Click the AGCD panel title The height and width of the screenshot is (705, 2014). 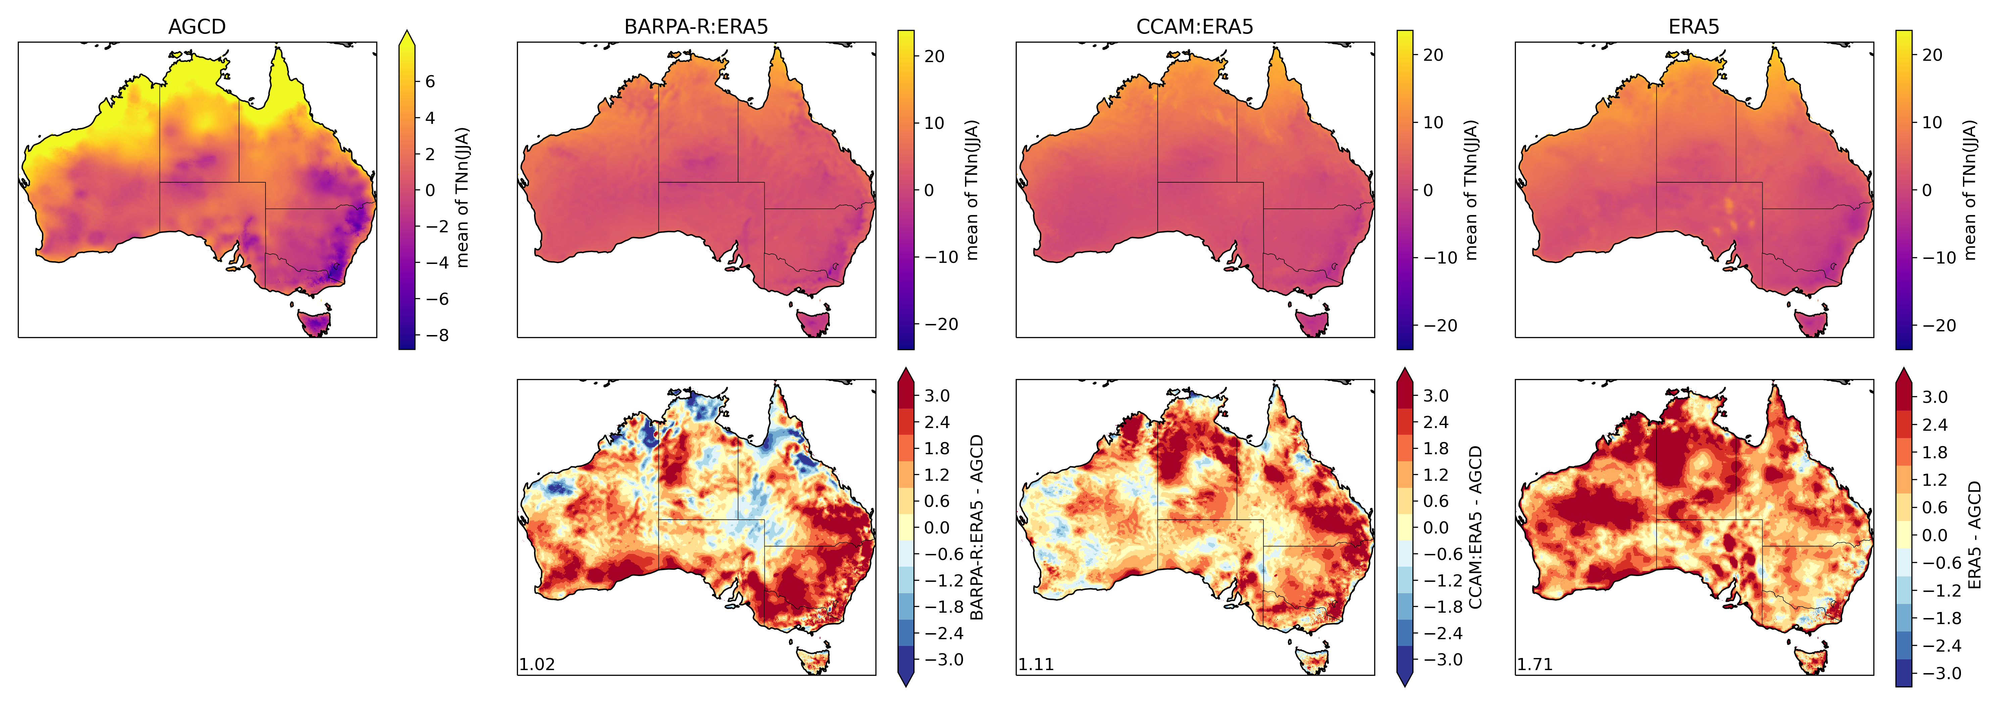(197, 27)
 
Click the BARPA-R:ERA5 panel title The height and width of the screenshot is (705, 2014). (696, 27)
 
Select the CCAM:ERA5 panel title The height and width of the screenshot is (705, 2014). (1195, 27)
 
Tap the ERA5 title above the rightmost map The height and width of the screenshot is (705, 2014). (1693, 27)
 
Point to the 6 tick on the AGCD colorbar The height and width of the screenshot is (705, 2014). (429, 81)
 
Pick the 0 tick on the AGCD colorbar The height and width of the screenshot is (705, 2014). (429, 190)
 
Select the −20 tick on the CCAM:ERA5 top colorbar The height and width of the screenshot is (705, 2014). (1439, 325)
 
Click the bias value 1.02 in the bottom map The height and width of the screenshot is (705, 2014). (537, 664)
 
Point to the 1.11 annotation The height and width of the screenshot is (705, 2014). (1036, 664)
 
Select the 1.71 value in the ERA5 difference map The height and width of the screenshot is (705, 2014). (1535, 664)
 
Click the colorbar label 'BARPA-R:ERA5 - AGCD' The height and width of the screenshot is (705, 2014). (976, 528)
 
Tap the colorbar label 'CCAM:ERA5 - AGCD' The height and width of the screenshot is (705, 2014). (1475, 528)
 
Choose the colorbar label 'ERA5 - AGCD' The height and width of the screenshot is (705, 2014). (1974, 535)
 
